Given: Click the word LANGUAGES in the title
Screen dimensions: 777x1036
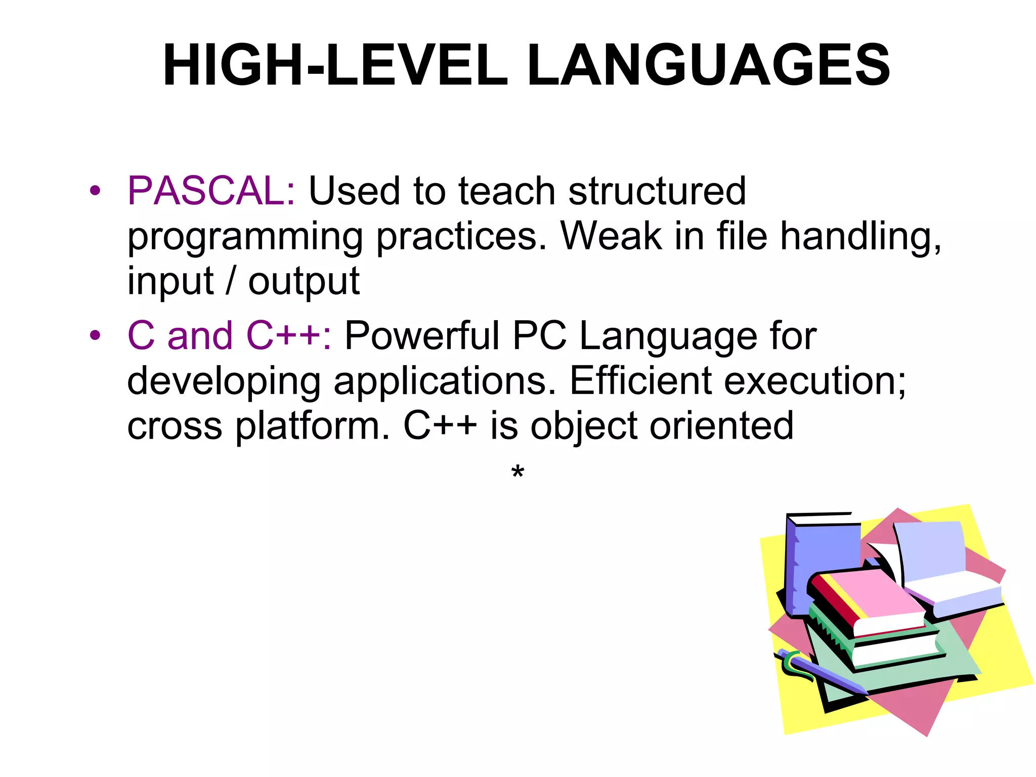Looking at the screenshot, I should tap(708, 66).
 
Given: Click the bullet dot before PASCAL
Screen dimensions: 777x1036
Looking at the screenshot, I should tap(95, 191).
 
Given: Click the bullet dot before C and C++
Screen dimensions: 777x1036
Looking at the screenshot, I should tap(95, 335).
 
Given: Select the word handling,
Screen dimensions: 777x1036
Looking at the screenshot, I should tap(860, 237).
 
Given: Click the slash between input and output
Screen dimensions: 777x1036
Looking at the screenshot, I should tap(231, 281).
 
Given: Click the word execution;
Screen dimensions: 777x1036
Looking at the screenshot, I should tap(815, 380).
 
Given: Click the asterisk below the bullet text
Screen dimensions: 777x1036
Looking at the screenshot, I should tap(517, 472).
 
